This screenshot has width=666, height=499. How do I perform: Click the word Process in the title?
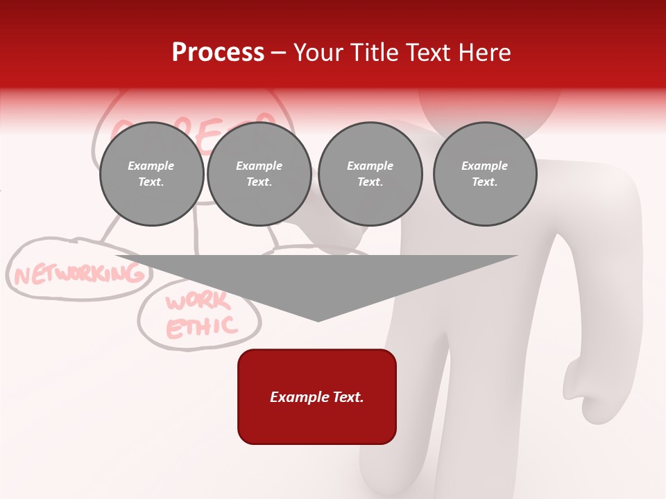pos(218,53)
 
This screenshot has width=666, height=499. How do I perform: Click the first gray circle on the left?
pos(151,174)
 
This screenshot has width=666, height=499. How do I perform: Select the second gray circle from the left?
pos(259,174)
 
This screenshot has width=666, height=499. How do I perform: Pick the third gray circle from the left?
pos(370,174)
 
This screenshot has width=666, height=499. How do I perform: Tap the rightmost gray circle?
pos(485,174)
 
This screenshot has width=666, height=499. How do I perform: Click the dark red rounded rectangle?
pos(317,396)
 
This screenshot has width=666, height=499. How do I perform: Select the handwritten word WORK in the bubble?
pos(197,302)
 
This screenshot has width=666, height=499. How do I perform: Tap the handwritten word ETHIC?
pos(202,326)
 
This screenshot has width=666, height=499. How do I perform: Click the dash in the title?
pos(278,53)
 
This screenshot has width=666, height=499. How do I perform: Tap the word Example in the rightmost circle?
pos(484,166)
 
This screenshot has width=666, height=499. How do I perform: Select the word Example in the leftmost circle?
pos(151,166)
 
